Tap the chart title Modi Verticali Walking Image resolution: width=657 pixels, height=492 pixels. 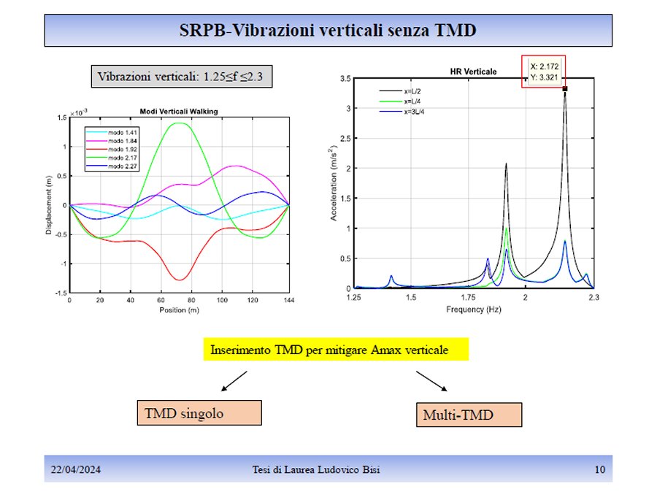(x=179, y=111)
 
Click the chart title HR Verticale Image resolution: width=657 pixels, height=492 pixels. (x=472, y=72)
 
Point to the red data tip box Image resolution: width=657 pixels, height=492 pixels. (x=544, y=71)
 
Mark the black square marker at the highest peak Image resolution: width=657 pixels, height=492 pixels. (x=564, y=89)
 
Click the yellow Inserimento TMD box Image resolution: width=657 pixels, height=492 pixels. (x=335, y=350)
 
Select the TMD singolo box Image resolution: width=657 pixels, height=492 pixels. (x=199, y=412)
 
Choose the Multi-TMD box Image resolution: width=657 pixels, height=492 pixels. (x=469, y=415)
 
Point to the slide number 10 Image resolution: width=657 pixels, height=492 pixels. (x=599, y=469)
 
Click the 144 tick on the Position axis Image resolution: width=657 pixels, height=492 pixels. (x=289, y=300)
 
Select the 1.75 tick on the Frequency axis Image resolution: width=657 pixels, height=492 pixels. (x=468, y=299)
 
